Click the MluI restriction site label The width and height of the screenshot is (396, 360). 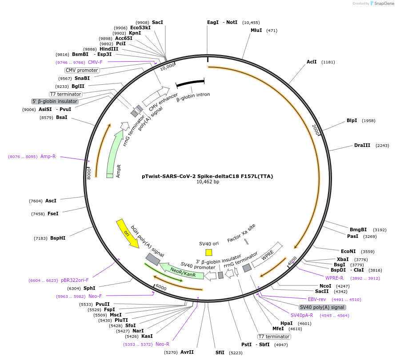pos(256,30)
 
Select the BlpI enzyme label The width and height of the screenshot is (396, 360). pos(352,120)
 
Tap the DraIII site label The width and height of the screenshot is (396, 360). pos(362,145)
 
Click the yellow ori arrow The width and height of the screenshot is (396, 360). pos(127,233)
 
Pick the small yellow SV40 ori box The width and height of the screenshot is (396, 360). pos(208,252)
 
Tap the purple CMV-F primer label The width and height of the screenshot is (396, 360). pos(95,62)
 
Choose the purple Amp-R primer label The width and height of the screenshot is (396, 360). pos(48,156)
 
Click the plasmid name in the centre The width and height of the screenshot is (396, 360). pos(207,176)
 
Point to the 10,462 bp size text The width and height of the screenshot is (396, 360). pos(208,182)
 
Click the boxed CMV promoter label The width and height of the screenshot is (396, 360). pos(82,70)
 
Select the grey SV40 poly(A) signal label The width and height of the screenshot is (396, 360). pos(322,307)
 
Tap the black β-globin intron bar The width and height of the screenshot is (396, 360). pos(190,83)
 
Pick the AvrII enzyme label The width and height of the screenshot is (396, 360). pos(187,352)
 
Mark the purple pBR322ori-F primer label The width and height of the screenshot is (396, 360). pos(75,280)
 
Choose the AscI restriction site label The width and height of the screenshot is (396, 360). pos(51,201)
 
